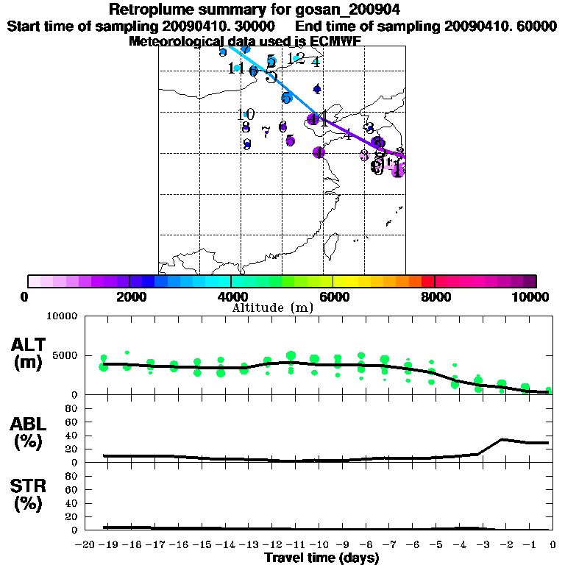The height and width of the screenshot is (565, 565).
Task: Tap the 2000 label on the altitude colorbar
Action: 129,297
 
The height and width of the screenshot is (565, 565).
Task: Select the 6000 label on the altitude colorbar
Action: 333,297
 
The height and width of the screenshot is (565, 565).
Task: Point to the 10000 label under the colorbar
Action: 532,297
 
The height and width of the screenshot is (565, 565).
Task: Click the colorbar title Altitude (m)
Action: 273,308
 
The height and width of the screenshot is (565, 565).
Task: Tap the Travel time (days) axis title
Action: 321,558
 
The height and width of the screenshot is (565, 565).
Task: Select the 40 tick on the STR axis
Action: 71,503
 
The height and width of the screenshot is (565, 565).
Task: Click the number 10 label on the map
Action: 246,115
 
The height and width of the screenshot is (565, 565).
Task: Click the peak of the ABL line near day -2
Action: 502,439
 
